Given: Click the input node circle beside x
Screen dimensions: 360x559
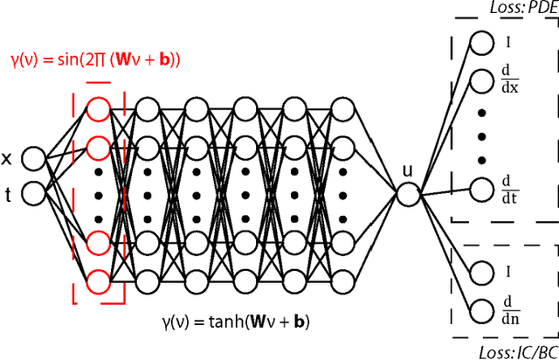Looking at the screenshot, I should [33, 159].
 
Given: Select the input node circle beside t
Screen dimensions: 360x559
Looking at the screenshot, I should [33, 192].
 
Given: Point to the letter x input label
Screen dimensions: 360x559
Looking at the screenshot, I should [7, 159].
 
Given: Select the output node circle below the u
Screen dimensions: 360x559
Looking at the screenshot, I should [408, 194].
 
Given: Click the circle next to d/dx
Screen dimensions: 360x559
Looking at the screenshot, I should [481, 81].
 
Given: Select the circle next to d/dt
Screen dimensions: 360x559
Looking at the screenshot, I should [481, 189].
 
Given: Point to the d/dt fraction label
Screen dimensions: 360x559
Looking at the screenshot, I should [507, 189].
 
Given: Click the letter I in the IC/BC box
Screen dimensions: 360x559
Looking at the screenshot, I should [507, 272].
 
